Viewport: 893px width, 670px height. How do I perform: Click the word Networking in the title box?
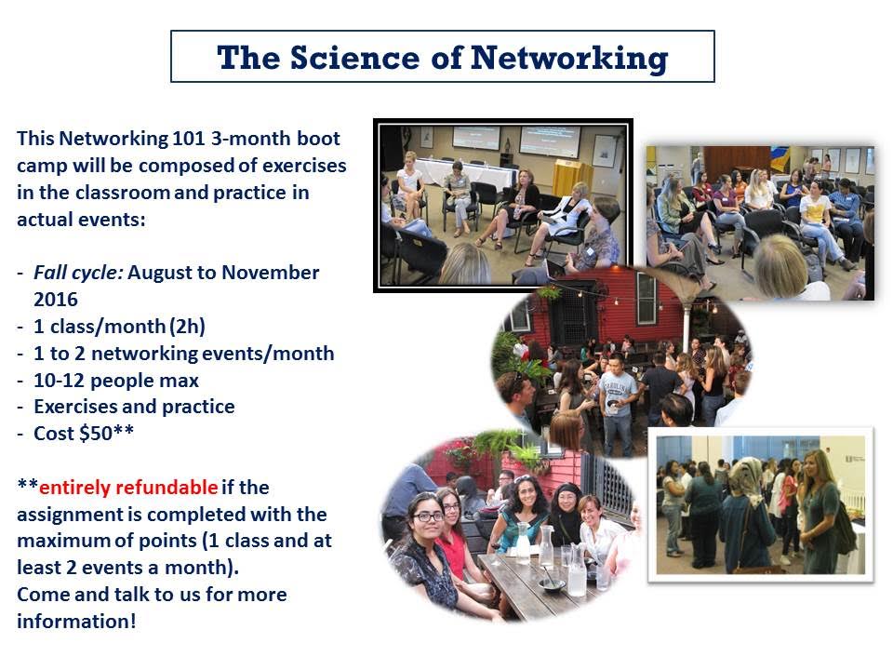click(568, 58)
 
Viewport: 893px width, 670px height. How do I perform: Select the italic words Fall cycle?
click(78, 273)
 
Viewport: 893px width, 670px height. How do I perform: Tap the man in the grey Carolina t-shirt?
click(619, 391)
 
